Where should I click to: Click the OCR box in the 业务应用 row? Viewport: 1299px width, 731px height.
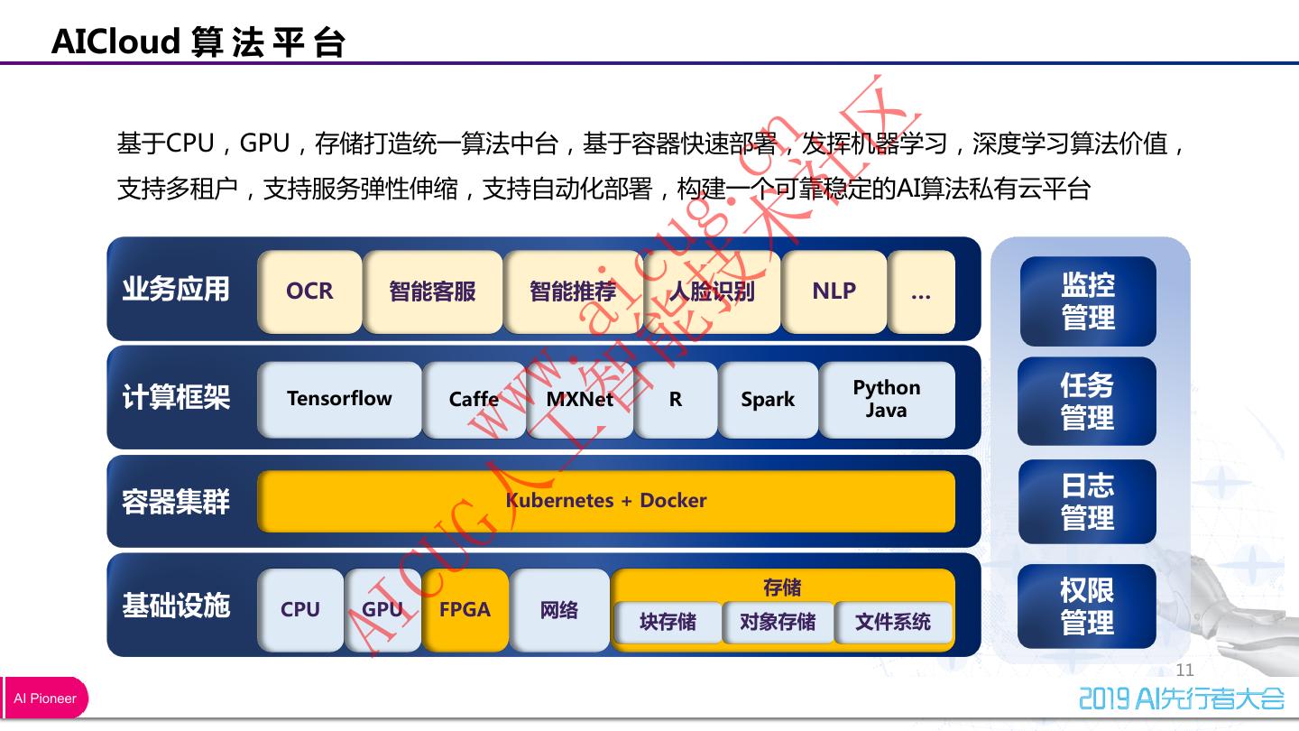click(x=309, y=291)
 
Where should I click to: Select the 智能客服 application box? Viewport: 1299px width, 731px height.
click(x=432, y=291)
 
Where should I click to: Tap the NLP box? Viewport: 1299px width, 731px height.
click(x=834, y=291)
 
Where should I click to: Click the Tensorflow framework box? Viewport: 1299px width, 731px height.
click(x=339, y=399)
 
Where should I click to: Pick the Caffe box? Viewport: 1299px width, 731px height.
click(x=474, y=399)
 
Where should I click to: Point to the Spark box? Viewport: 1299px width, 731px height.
click(x=768, y=399)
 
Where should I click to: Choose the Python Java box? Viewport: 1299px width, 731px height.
click(x=887, y=399)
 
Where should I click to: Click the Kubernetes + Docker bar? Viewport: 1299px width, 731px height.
click(x=606, y=501)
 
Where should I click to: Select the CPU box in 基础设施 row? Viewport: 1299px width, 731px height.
click(x=300, y=610)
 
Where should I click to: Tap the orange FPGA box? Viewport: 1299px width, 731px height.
click(x=465, y=610)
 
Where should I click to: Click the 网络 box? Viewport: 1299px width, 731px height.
click(x=559, y=610)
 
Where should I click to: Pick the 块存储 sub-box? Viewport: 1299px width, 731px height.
click(x=668, y=622)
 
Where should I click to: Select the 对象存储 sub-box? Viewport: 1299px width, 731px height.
click(x=778, y=622)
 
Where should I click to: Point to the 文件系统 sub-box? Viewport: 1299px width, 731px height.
click(x=892, y=622)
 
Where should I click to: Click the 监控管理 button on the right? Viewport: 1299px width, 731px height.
click(x=1088, y=301)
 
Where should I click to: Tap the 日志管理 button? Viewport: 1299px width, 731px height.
click(x=1088, y=502)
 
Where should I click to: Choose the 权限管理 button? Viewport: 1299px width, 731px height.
click(x=1087, y=606)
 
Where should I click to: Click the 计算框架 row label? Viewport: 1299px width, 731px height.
click(x=176, y=397)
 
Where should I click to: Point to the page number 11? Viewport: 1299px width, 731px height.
click(x=1184, y=670)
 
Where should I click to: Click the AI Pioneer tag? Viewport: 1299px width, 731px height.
click(x=45, y=699)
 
